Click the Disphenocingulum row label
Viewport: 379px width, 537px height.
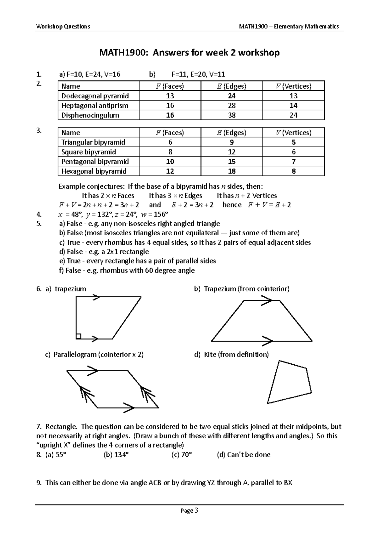coord(90,115)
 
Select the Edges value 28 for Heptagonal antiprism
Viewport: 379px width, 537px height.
coord(232,105)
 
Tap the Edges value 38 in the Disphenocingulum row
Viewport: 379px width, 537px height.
coord(232,115)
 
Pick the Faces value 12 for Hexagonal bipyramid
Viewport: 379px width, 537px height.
coord(170,171)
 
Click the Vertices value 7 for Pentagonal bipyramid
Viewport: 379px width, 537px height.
coord(293,162)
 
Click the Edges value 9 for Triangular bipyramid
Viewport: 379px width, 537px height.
coord(232,142)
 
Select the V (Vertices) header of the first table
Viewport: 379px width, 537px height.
coord(293,86)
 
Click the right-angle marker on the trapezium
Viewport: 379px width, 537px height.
coord(79,336)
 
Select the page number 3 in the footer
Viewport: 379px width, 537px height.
coord(196,510)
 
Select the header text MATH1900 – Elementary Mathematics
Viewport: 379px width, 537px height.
coord(289,26)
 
